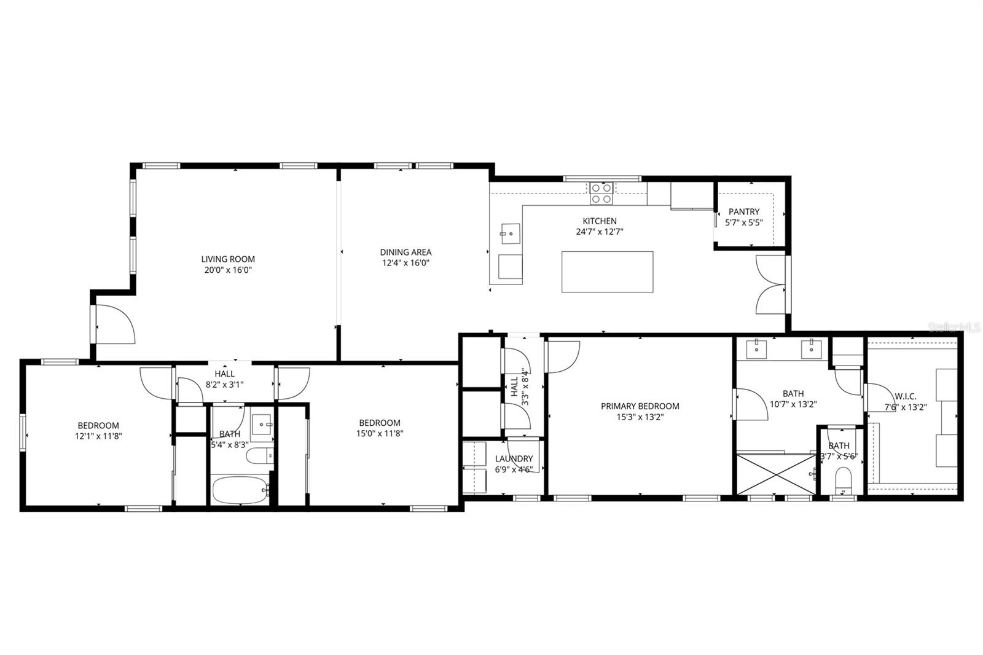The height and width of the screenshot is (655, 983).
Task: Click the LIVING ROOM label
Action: click(x=228, y=259)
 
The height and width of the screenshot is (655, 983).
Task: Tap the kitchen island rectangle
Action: click(x=607, y=272)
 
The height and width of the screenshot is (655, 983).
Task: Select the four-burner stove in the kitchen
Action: click(x=601, y=193)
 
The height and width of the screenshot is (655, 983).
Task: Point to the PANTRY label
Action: click(x=744, y=211)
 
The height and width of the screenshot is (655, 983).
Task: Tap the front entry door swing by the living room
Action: click(x=116, y=324)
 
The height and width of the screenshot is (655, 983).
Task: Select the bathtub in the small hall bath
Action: click(x=240, y=490)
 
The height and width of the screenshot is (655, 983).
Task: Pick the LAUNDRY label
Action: click(x=514, y=458)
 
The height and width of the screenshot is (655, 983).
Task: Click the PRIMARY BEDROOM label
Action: click(x=640, y=406)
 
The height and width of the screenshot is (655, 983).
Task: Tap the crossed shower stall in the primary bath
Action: click(x=776, y=473)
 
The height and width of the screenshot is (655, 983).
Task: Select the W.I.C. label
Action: click(x=906, y=396)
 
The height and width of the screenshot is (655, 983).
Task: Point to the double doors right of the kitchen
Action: click(x=772, y=284)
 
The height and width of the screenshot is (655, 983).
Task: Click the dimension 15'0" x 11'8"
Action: click(x=380, y=433)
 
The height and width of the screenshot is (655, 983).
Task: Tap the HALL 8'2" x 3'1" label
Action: click(x=224, y=379)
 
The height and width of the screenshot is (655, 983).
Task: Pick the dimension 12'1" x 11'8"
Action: click(x=98, y=436)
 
